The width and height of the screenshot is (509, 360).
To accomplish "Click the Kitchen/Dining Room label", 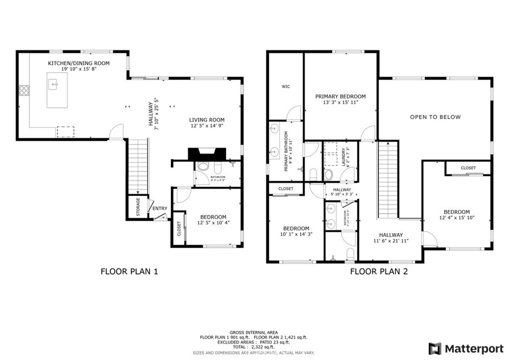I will pyautogui.click(x=79, y=63).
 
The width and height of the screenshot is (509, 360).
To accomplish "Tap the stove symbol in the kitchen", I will pyautogui.click(x=23, y=91).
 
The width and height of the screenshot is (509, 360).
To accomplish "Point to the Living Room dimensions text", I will pyautogui.click(x=206, y=126).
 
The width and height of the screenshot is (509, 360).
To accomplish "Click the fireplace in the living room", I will pyautogui.click(x=206, y=154).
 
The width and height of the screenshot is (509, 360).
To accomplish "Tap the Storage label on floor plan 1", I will pyautogui.click(x=138, y=207).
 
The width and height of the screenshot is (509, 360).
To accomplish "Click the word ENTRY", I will pyautogui.click(x=160, y=209).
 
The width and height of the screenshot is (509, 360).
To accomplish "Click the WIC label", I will pyautogui.click(x=286, y=87).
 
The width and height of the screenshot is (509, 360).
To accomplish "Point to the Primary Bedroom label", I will pyautogui.click(x=340, y=96).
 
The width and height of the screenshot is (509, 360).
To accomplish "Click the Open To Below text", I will pyautogui.click(x=435, y=117).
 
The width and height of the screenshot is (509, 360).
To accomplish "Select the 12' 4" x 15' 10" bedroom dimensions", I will pyautogui.click(x=456, y=218).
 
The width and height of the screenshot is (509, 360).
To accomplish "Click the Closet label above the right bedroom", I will pyautogui.click(x=468, y=168).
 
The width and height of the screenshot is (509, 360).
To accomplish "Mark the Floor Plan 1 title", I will pyautogui.click(x=129, y=271).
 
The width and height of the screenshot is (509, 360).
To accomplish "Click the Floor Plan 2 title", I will pyautogui.click(x=379, y=271).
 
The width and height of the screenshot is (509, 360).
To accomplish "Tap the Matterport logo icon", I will pyautogui.click(x=435, y=348).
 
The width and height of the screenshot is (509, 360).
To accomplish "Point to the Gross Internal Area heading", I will pyautogui.click(x=254, y=332).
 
